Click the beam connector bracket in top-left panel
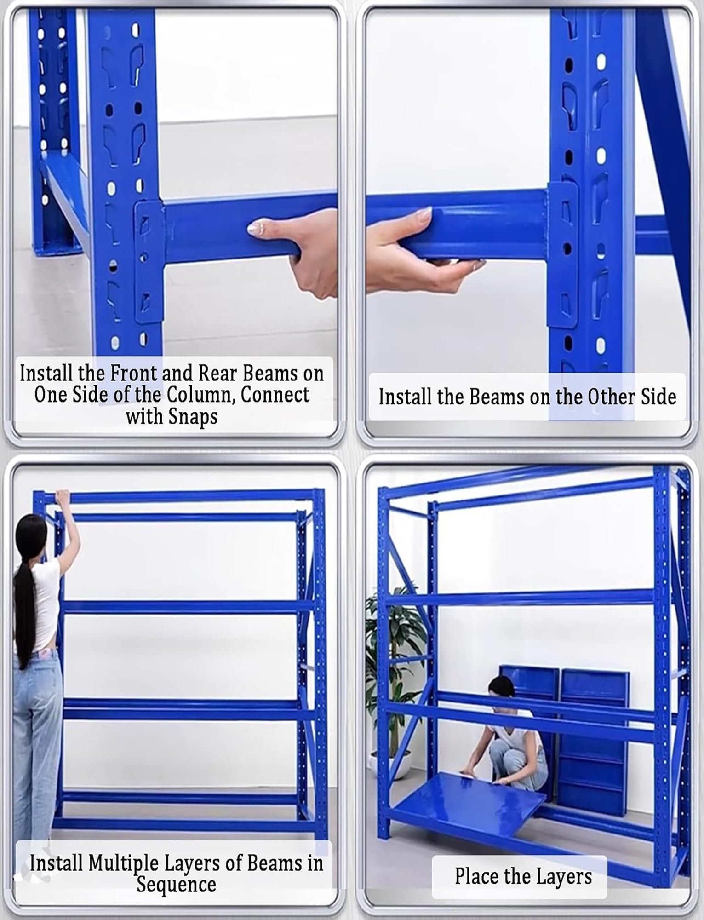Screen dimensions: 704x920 click(149, 262)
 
